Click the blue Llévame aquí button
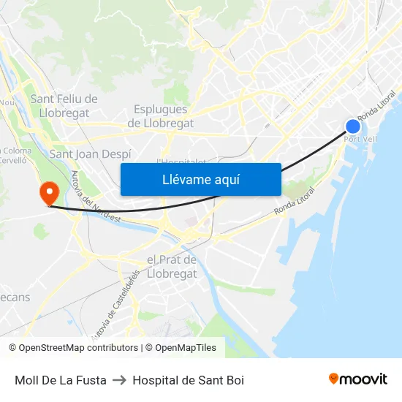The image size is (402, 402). [x=200, y=179]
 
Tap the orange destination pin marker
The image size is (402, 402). [x=50, y=193]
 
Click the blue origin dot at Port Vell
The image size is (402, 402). [x=353, y=126]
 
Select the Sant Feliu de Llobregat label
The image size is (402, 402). [x=64, y=106]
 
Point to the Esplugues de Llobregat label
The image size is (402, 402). [x=161, y=116]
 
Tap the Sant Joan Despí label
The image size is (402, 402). [x=90, y=154]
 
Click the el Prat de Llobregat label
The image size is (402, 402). [x=172, y=267]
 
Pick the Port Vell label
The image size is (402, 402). [x=360, y=139]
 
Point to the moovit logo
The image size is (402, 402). [x=357, y=379]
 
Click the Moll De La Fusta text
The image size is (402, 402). [x=61, y=380]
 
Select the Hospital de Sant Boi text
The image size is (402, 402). [x=188, y=380]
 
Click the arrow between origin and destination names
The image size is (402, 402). [x=119, y=380]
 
